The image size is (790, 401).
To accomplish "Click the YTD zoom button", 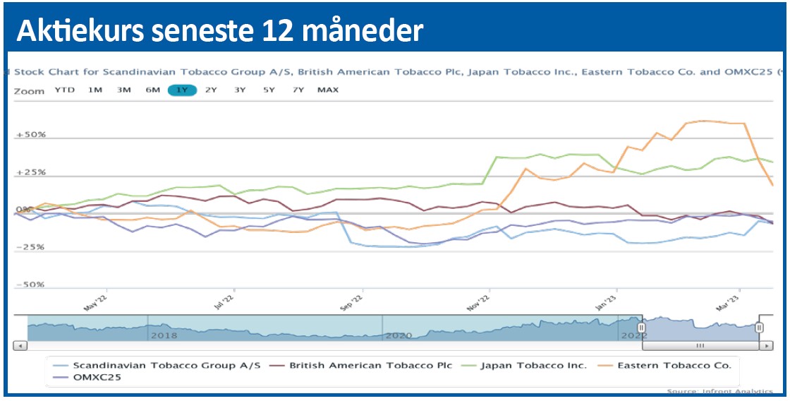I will point(65,90).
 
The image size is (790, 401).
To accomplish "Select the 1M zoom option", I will point(95,90).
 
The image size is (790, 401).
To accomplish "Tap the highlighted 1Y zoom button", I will point(182,90).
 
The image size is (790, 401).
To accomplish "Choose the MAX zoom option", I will point(328,90).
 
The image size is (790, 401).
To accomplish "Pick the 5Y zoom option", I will point(269,90).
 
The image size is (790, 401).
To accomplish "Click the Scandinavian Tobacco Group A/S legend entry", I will point(166,365).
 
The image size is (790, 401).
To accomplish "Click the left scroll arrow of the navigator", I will point(20,346).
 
